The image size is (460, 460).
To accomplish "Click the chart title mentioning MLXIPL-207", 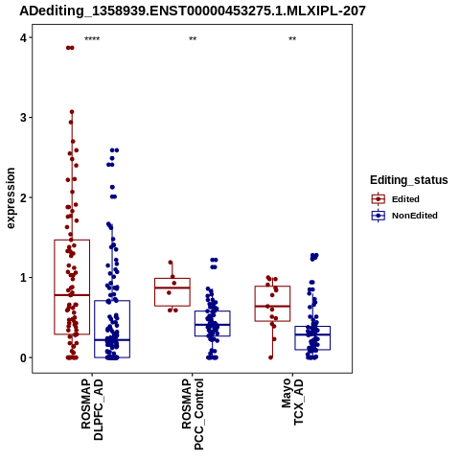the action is tap(193, 11).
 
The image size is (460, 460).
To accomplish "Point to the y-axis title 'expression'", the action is tap(11, 198).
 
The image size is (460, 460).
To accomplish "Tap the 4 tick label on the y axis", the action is tap(23, 38).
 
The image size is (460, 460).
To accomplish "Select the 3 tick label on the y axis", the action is tap(23, 118).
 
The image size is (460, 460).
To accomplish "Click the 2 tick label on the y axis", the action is tap(23, 197).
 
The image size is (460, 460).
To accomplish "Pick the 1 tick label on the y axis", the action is tap(23, 278).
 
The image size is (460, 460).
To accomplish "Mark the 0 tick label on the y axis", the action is tap(23, 358).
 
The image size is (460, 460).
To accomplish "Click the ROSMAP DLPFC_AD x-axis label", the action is tap(92, 409).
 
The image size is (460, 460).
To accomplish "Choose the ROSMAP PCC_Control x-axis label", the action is tap(193, 414).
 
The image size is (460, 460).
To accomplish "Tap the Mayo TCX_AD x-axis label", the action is tap(292, 402).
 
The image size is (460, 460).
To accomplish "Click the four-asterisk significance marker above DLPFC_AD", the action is tap(92, 39).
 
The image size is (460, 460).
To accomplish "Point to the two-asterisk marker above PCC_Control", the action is tap(193, 39).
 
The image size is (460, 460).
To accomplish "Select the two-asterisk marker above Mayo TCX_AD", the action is tap(292, 39).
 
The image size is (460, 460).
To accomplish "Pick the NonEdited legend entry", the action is tap(404, 216).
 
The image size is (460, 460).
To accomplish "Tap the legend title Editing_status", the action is tap(409, 180).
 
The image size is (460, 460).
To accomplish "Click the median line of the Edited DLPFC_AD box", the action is tap(72, 295).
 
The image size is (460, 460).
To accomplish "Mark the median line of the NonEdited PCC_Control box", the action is tap(213, 325).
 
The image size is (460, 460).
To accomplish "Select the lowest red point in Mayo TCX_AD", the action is tap(271, 357).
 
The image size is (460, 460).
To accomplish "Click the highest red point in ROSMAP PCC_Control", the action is tap(171, 263).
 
